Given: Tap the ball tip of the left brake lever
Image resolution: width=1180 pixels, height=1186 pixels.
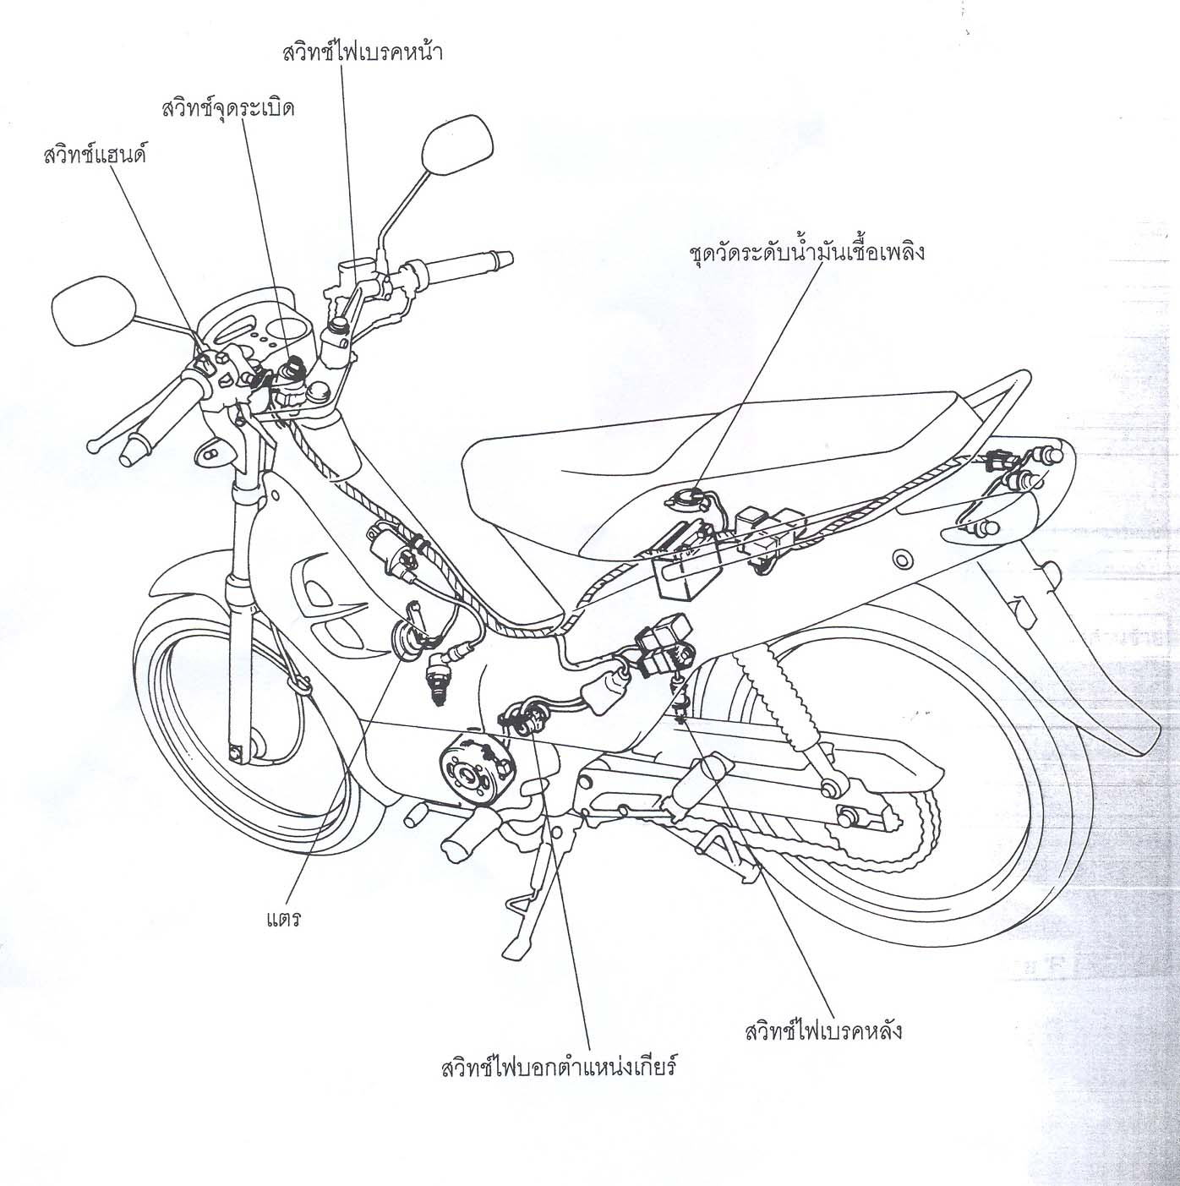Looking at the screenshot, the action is pyautogui.click(x=93, y=446).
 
